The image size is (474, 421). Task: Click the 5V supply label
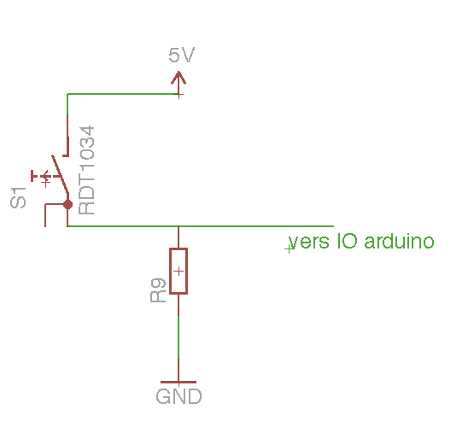tap(181, 55)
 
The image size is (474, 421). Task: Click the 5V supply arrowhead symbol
tap(178, 78)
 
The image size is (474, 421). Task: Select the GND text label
tap(178, 396)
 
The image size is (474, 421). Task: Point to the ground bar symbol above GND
tap(178, 382)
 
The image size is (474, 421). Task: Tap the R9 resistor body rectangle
tap(178, 271)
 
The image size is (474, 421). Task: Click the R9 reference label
tap(158, 290)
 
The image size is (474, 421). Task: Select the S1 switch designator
tap(18, 197)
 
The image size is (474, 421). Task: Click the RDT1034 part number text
tap(86, 170)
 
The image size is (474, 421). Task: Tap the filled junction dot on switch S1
tap(67, 205)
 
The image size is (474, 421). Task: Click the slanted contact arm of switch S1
tap(60, 174)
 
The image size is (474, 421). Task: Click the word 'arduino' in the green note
tap(399, 241)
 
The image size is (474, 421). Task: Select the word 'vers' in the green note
tap(308, 242)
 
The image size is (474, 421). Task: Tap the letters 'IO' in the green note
tap(348, 241)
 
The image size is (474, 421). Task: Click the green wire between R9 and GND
tap(178, 337)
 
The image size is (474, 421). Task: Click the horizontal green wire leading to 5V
tap(123, 94)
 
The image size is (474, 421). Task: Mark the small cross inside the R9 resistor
tap(178, 271)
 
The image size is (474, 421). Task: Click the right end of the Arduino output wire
tap(333, 225)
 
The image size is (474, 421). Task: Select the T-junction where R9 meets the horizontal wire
tap(178, 226)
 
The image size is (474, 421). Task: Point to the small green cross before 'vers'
tap(290, 249)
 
